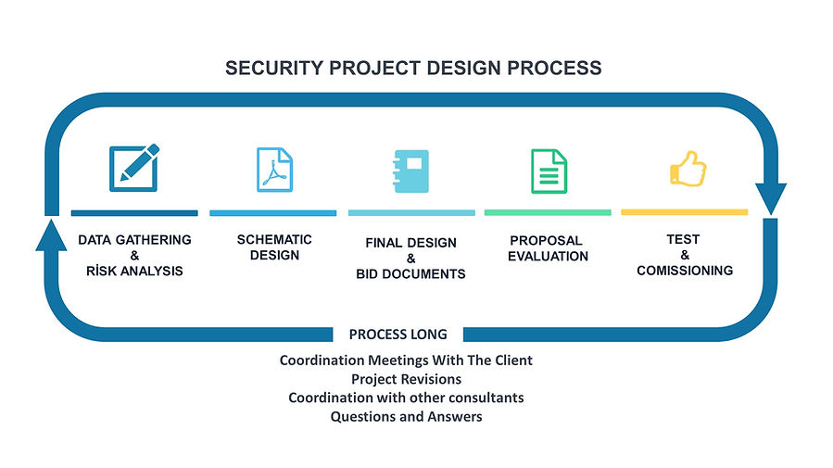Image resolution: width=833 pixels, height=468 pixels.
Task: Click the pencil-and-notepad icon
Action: (133, 168)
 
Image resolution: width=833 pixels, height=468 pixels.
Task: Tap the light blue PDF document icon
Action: (273, 170)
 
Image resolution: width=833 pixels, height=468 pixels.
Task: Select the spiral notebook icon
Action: (410, 171)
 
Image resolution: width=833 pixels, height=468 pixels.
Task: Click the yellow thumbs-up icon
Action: (687, 171)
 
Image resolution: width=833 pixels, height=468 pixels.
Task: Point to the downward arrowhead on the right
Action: (770, 198)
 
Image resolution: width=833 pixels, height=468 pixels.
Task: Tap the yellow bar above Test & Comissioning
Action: (684, 212)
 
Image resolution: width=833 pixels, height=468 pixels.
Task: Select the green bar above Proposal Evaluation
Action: (548, 212)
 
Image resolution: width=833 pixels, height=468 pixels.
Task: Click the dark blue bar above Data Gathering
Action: (134, 212)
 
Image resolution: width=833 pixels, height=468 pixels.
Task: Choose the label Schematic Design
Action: (274, 247)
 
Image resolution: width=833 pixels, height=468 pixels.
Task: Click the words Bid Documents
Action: (410, 274)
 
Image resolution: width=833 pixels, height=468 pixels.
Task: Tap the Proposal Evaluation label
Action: (548, 247)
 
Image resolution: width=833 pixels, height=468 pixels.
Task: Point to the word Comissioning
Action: (685, 271)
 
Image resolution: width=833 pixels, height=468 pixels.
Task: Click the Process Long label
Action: (398, 334)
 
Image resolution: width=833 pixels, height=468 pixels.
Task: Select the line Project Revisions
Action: (406, 379)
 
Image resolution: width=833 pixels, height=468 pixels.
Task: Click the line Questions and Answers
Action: (406, 416)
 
